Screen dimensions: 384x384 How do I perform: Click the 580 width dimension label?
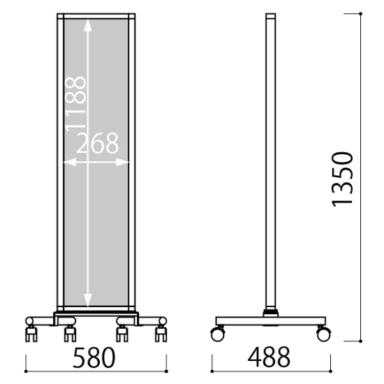tap(94, 357)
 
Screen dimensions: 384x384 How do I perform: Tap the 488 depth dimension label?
tap(269, 357)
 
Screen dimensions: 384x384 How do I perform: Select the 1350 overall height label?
tap(342, 179)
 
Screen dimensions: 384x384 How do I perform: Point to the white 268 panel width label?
tap(98, 143)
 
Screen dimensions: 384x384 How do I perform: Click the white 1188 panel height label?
tap(75, 104)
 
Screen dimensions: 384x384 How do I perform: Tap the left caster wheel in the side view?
tap(217, 334)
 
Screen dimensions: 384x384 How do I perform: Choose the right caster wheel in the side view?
tap(323, 334)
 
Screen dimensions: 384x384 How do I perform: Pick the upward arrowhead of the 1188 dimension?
tap(88, 25)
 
